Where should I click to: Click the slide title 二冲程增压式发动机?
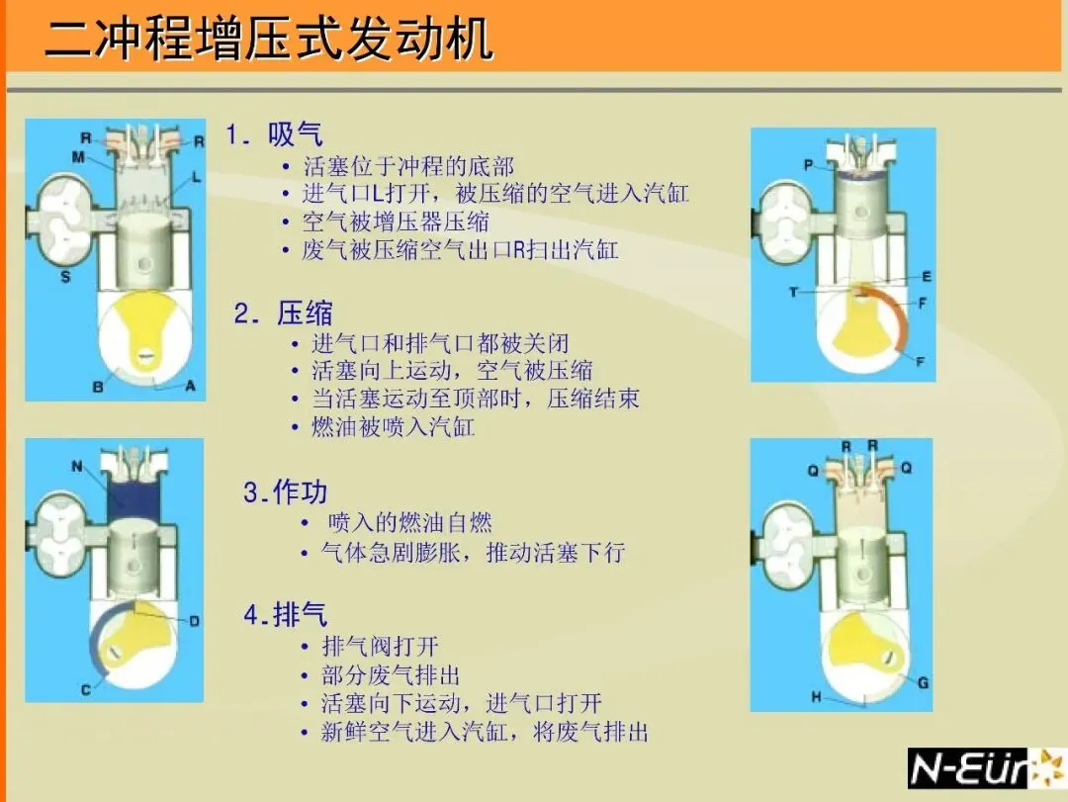[x=268, y=39]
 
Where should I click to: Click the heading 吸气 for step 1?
[x=295, y=134]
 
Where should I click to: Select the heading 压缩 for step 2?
[x=305, y=313]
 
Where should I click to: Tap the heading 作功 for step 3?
[x=300, y=491]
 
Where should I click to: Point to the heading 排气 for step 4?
[x=300, y=615]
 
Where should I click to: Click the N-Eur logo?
[x=986, y=768]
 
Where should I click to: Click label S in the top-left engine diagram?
[x=65, y=276]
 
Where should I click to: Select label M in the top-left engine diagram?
[x=78, y=157]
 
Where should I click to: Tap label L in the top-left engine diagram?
[x=196, y=176]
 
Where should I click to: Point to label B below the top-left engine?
[x=98, y=387]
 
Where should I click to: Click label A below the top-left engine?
[x=190, y=386]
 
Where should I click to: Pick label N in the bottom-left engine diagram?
[x=77, y=466]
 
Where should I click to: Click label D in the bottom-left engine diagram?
[x=195, y=621]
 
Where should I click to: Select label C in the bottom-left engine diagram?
[x=86, y=689]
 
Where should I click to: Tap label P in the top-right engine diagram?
[x=809, y=164]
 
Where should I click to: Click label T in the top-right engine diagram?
[x=793, y=293]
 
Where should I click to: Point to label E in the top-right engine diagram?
[x=927, y=276]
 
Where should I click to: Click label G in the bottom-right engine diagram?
[x=923, y=682]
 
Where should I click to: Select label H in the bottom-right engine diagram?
[x=816, y=696]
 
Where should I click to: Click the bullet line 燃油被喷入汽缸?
[x=393, y=426]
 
